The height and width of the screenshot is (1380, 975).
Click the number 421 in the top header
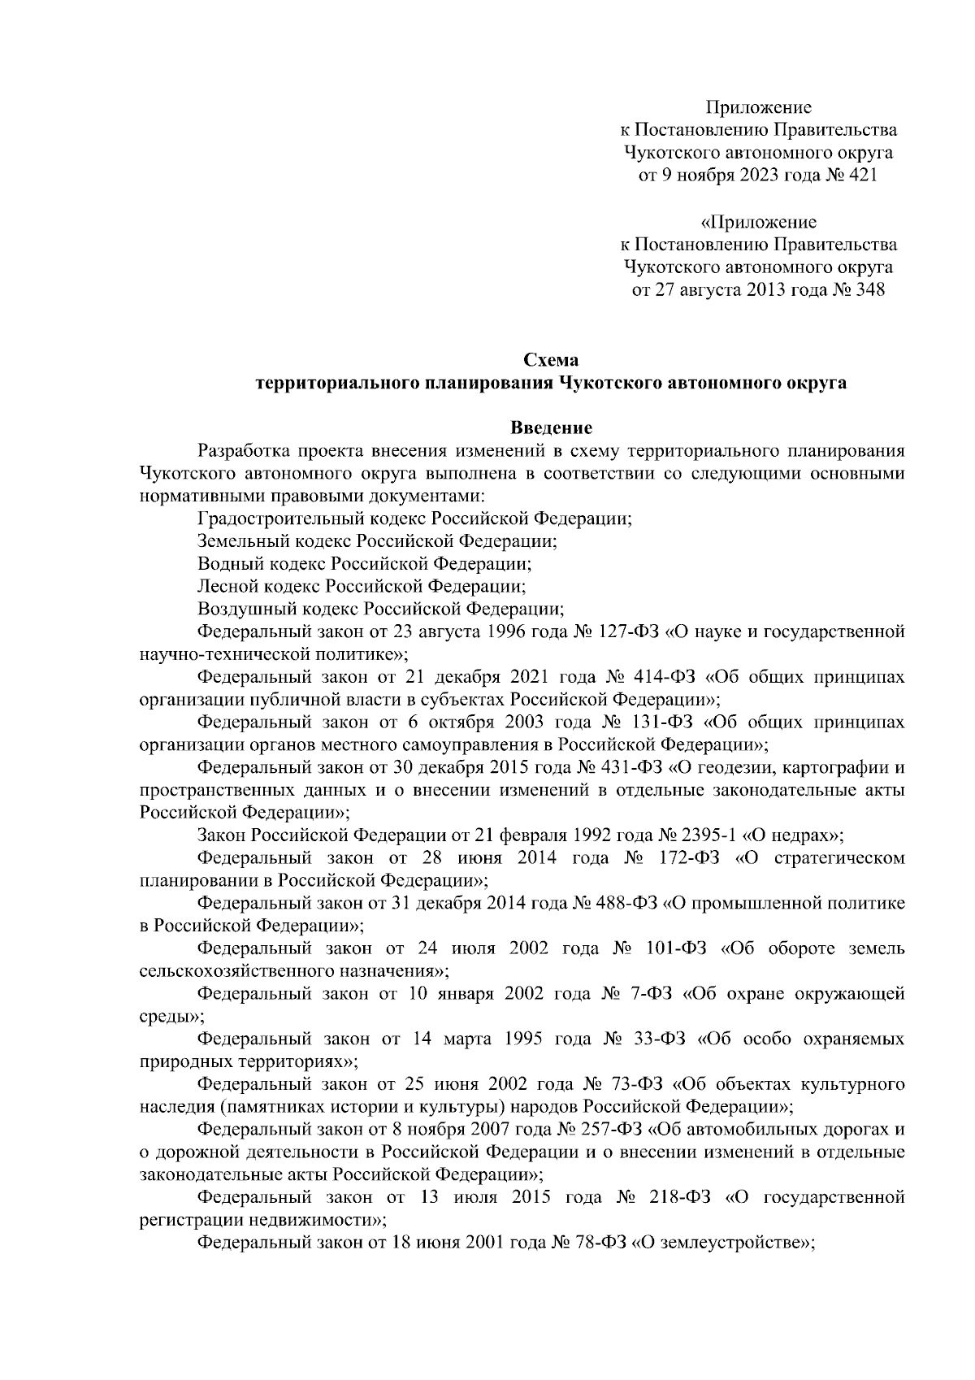click(862, 176)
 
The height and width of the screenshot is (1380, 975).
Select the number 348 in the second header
click(869, 290)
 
